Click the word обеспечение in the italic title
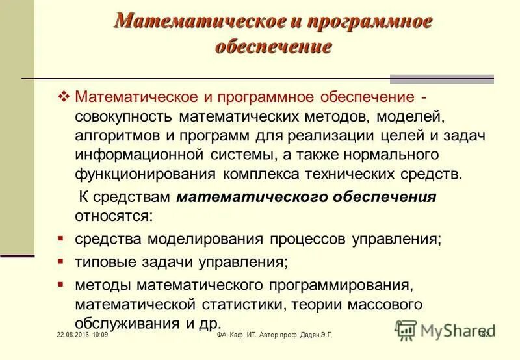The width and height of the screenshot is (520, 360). click(273, 47)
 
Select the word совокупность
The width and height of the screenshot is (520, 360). click(124, 118)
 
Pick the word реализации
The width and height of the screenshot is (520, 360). click(335, 136)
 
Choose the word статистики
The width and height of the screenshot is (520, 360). click(246, 305)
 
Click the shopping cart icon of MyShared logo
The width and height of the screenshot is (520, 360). click(405, 331)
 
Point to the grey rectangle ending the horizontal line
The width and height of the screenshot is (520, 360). click(441, 79)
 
